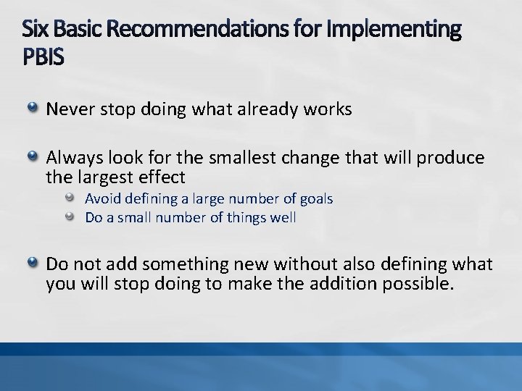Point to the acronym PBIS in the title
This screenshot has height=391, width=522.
[43, 56]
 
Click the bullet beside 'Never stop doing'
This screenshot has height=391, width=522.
[33, 109]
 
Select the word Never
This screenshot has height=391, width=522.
[67, 110]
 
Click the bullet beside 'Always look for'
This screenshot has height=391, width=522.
[33, 157]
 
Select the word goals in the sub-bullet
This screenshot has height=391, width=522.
[316, 198]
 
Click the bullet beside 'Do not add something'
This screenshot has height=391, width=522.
[33, 264]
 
